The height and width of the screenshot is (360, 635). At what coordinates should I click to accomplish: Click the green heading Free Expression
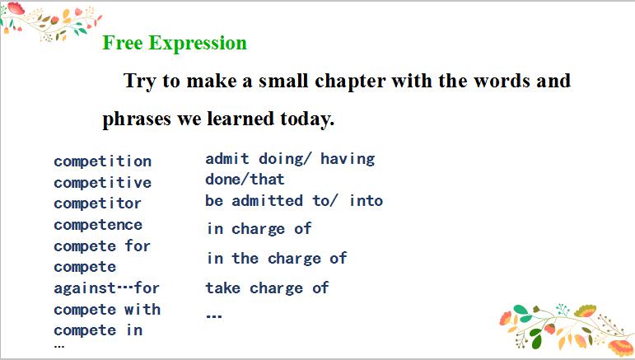tap(175, 44)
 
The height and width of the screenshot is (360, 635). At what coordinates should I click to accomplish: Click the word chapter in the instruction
tap(350, 82)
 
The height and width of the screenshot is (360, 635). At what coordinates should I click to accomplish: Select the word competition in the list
tap(102, 161)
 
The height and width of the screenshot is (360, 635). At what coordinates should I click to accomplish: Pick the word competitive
tap(102, 183)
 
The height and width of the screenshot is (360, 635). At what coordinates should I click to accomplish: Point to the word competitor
tap(98, 203)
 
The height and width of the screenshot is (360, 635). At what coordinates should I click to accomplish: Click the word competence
tap(98, 225)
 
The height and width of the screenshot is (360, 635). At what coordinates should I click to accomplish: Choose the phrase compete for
tap(102, 245)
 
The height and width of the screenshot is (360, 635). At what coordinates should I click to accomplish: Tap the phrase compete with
tap(107, 310)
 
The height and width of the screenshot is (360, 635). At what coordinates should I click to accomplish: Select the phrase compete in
tap(98, 330)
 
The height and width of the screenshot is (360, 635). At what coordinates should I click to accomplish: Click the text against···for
tap(106, 288)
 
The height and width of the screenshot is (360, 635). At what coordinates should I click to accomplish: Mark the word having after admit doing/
tap(348, 159)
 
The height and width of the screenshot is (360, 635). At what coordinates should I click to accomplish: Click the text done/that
tap(245, 180)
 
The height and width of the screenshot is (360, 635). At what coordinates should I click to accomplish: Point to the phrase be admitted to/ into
tap(294, 201)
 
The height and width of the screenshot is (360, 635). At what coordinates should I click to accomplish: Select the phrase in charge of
tap(259, 229)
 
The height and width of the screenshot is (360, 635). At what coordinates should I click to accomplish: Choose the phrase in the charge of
tap(277, 259)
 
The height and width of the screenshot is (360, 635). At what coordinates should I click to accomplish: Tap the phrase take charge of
tap(268, 288)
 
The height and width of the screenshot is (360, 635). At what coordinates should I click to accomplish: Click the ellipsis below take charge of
tap(214, 316)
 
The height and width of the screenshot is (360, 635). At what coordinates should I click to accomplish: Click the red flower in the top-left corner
tap(16, 8)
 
